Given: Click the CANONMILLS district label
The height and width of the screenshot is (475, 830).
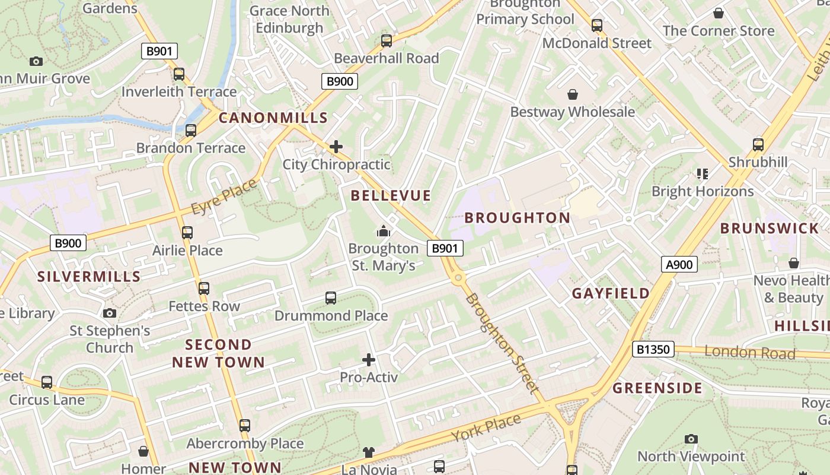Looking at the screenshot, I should click(x=273, y=118).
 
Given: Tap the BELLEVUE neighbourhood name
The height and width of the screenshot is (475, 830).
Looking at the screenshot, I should click(x=391, y=195).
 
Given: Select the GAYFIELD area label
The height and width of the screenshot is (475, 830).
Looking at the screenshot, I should click(x=611, y=293).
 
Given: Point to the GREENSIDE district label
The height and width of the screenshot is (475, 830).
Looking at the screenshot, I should click(x=657, y=388).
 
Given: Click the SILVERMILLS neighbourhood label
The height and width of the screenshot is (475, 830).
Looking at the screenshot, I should click(x=89, y=276).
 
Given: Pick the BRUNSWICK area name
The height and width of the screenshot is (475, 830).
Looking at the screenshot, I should click(x=769, y=228).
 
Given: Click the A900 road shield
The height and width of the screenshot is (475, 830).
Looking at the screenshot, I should click(x=679, y=264).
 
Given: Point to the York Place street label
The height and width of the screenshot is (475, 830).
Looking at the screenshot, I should click(x=486, y=427).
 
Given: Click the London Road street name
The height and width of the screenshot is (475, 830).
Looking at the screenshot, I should click(x=749, y=352).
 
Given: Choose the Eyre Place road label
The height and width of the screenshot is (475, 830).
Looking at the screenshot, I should click(x=224, y=197).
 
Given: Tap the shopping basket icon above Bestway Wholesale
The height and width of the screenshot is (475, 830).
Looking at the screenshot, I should click(x=573, y=94).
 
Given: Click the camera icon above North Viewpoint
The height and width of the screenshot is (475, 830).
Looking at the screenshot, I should click(x=691, y=439).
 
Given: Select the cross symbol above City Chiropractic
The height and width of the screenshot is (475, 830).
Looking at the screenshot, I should click(x=336, y=146).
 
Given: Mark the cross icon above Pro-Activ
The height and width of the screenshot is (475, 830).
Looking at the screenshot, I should click(x=369, y=359).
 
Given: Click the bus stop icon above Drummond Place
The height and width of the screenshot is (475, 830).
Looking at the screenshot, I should click(x=331, y=297).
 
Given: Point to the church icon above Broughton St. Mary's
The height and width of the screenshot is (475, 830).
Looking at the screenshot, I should click(x=384, y=231).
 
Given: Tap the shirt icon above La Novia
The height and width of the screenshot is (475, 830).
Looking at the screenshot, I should click(x=369, y=452).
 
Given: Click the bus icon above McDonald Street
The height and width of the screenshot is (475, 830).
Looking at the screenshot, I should click(x=597, y=26).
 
